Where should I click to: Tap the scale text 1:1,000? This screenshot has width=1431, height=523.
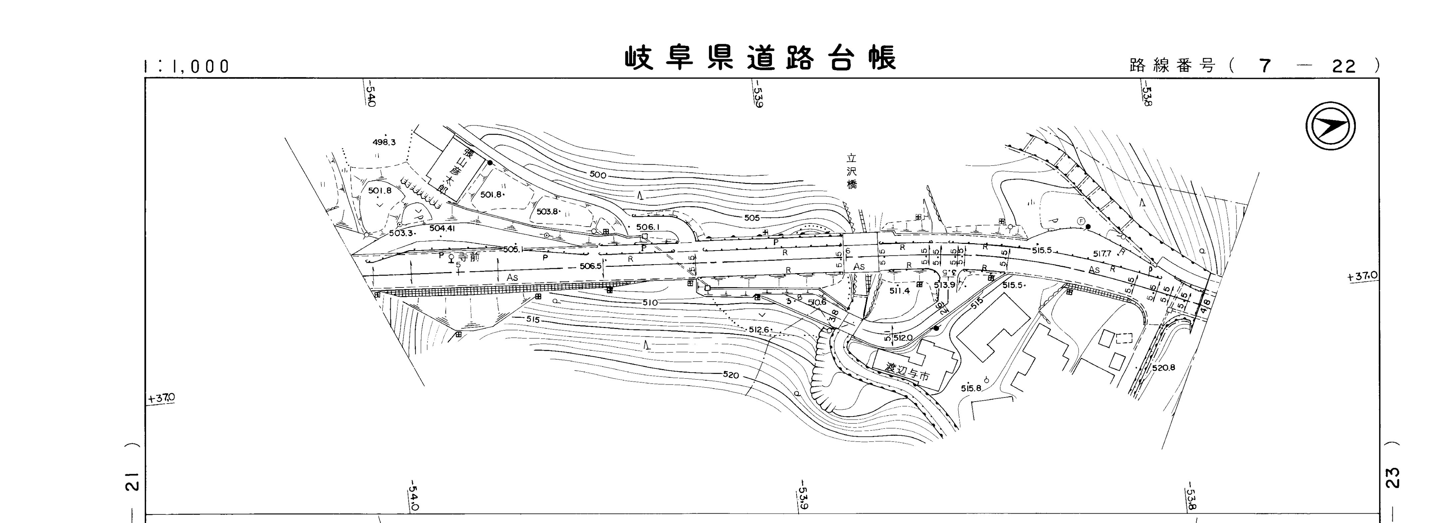pos(186,67)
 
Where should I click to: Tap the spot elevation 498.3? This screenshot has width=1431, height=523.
pos(384,142)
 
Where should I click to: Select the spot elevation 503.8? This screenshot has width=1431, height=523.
pos(547,212)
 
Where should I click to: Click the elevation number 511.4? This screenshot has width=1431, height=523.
pos(899,291)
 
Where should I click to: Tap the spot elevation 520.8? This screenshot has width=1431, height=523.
pos(1163,368)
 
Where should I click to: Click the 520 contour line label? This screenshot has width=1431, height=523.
pos(731,375)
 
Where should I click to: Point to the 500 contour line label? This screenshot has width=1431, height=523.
pos(598,175)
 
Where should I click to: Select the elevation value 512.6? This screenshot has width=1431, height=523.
pos(759,330)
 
